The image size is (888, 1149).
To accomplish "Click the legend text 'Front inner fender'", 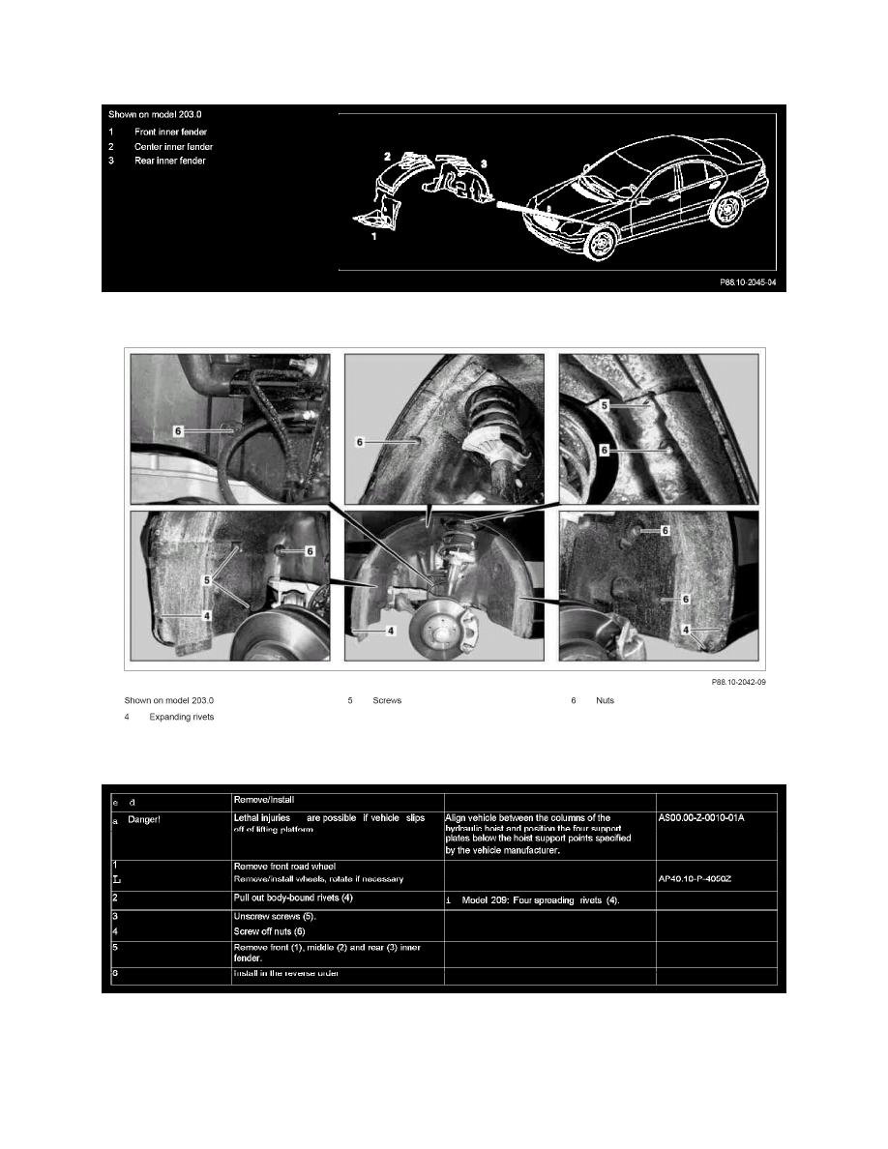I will coord(170,132).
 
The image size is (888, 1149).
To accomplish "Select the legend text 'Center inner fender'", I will coord(174,146).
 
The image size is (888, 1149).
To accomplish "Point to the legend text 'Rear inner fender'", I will coord(169,161).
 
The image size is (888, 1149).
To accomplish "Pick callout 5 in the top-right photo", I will coord(606,406).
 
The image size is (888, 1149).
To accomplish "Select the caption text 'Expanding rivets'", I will coord(182,717).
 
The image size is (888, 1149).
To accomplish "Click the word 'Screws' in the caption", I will coord(387,699).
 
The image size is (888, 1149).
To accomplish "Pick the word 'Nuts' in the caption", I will coord(606,699).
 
